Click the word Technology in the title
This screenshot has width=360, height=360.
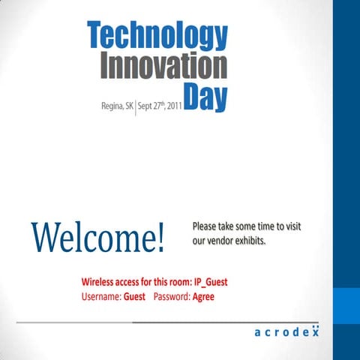pos(157,36)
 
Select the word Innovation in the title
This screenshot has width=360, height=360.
pos(163,66)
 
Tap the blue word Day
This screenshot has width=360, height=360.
pos(205,97)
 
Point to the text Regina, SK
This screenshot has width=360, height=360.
pos(117,106)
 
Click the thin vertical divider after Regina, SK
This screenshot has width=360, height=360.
pos(136,106)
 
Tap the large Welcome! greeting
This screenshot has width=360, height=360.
pos(97,237)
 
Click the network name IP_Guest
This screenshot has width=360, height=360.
pos(211,283)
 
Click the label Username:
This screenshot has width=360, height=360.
pos(101,297)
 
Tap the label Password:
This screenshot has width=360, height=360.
pos(172,297)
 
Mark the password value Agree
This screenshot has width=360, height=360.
pos(203,297)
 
